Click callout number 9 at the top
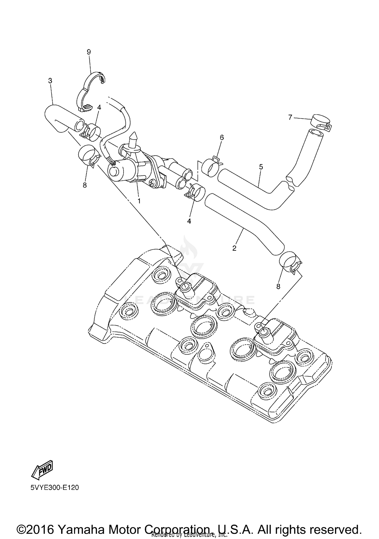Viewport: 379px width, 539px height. (89, 52)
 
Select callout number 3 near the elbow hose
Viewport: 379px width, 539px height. (50, 81)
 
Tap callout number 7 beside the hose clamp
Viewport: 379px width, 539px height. (290, 117)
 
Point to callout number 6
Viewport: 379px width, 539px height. (222, 138)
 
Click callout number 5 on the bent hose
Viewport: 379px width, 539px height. (261, 167)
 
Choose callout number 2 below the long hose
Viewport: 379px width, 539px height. (234, 248)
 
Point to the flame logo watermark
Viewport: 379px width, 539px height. (187, 246)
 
